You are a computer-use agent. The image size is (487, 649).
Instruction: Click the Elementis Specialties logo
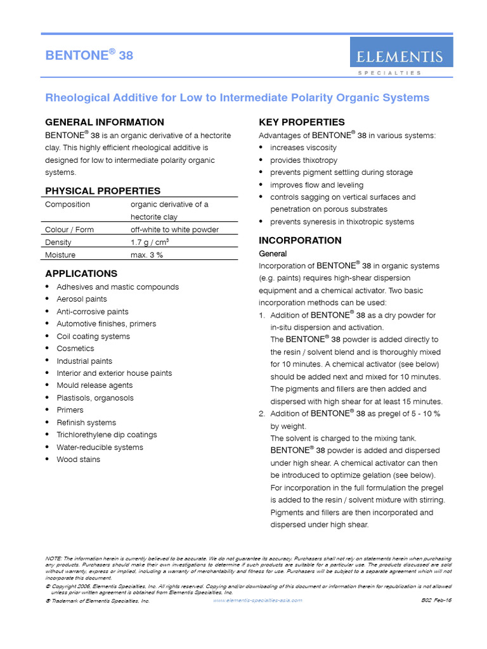click(x=401, y=56)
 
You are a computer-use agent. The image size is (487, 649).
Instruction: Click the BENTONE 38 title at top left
click(x=89, y=56)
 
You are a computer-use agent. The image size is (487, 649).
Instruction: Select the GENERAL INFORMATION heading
click(x=105, y=122)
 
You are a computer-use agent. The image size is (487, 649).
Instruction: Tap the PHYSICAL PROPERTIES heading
click(x=103, y=191)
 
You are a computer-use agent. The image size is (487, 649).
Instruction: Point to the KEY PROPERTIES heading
click(x=302, y=122)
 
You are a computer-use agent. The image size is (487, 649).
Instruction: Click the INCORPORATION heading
click(x=300, y=240)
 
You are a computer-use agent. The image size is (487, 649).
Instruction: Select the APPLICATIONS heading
click(x=81, y=274)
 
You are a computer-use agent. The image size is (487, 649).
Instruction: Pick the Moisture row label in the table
click(x=60, y=255)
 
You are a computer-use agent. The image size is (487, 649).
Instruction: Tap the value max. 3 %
click(x=147, y=255)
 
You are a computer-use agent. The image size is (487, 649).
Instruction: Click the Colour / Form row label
click(x=69, y=229)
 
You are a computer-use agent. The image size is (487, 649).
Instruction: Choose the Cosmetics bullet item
click(x=75, y=349)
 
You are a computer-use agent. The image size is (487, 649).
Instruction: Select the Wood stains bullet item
click(x=78, y=459)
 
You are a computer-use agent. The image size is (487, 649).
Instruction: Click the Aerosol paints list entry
click(x=82, y=299)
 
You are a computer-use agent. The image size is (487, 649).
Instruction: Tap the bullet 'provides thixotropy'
click(x=304, y=160)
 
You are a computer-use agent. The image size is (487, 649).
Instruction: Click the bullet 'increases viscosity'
click(x=303, y=148)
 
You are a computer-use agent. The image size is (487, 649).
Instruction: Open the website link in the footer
click(x=257, y=600)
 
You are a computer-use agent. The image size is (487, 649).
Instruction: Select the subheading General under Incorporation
click(x=273, y=254)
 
